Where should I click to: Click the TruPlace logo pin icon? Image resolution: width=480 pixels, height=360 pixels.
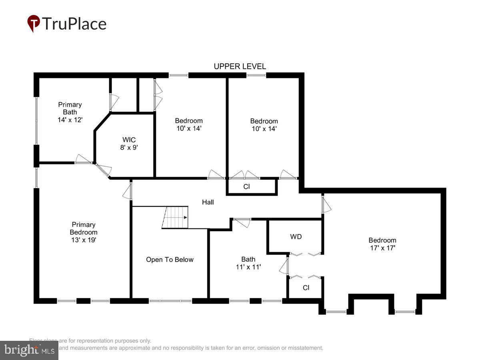[x=34, y=23]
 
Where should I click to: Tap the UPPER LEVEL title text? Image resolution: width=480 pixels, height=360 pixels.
[x=240, y=66]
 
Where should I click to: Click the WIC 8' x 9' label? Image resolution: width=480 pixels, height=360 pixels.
[x=129, y=143]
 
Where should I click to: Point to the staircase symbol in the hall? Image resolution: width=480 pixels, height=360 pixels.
[x=175, y=217]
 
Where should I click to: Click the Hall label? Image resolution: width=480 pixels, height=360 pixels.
[x=208, y=202]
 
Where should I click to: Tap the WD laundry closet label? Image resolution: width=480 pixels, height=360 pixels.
[x=296, y=236]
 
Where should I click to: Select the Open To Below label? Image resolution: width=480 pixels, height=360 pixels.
[x=170, y=260]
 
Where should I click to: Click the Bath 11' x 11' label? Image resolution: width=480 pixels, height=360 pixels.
[x=248, y=263]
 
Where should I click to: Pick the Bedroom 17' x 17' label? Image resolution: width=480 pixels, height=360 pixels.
[x=382, y=244]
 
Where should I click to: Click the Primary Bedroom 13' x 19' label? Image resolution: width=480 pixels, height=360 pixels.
[x=84, y=232]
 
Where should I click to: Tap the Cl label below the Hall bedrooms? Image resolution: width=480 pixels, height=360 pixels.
[x=246, y=186]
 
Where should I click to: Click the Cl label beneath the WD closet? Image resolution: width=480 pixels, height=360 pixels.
[x=306, y=288]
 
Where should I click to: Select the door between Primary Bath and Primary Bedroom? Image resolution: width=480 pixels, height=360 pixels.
[x=84, y=160]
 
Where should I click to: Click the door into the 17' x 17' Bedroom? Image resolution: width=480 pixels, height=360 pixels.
[x=326, y=203]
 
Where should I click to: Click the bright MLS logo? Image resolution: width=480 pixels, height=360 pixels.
[x=29, y=350]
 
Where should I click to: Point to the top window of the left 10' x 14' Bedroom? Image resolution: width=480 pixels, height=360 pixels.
[x=178, y=75]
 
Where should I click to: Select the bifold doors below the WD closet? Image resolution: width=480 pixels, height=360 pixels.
[x=306, y=276]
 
